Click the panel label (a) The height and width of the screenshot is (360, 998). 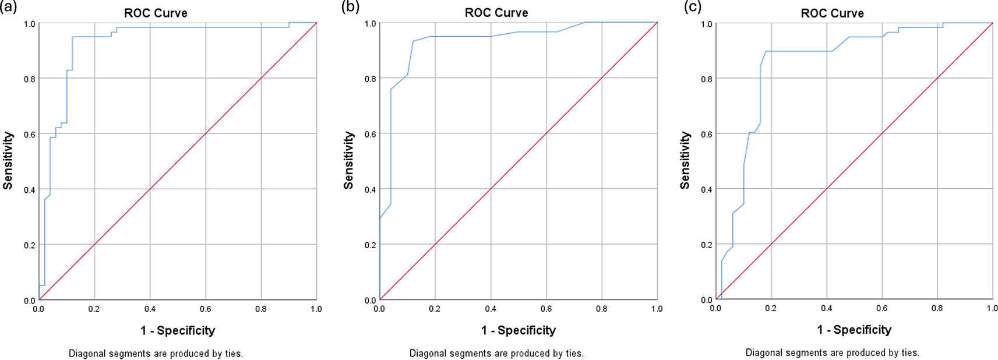tap(9, 7)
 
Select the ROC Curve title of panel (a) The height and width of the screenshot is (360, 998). tap(156, 13)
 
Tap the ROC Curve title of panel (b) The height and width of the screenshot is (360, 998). tap(496, 13)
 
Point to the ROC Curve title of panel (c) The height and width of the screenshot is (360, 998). tap(832, 13)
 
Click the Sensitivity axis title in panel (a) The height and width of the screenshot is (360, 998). tap(8, 160)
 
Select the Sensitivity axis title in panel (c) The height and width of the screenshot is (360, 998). tap(685, 160)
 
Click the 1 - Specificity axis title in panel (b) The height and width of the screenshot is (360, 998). tap(519, 330)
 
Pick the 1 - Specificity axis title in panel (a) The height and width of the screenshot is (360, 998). tap(178, 330)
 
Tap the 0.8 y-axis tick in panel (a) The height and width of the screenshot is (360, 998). tap(29, 79)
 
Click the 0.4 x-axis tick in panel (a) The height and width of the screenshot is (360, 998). tap(150, 309)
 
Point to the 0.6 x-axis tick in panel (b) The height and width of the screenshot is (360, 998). tap(546, 309)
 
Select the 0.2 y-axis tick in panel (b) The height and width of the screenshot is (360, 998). tap(370, 245)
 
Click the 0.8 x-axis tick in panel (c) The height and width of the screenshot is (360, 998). tap(937, 308)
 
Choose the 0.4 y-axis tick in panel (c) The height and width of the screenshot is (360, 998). tap(706, 189)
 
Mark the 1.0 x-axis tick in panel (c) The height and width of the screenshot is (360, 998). tap(992, 308)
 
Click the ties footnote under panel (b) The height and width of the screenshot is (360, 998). tap(496, 353)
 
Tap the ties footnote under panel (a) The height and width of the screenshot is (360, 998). tap(156, 353)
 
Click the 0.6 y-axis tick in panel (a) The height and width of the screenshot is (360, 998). tap(29, 134)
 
